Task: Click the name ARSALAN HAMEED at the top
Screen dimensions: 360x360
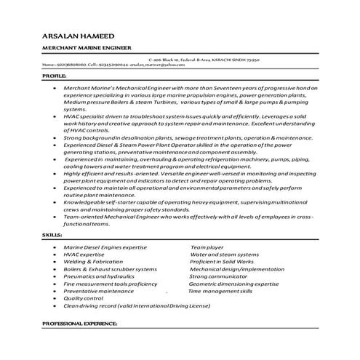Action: [72, 34]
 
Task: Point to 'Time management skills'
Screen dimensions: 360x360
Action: [220, 291]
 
